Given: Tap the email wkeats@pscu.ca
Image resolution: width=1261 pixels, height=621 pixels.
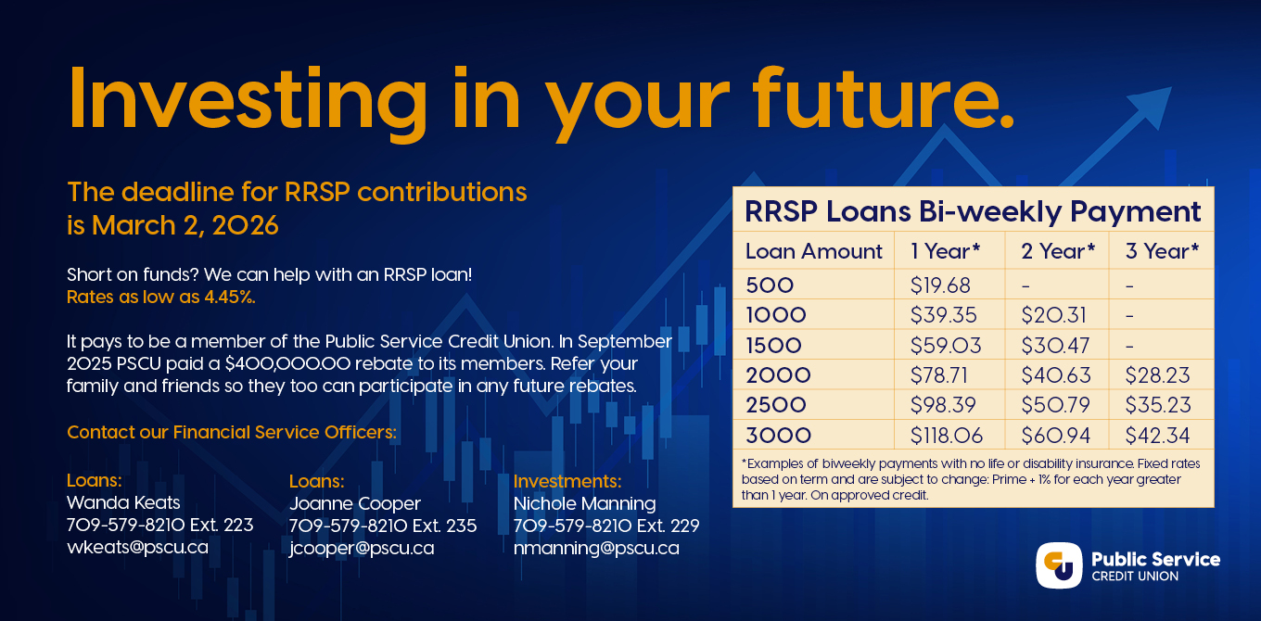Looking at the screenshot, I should [x=137, y=548].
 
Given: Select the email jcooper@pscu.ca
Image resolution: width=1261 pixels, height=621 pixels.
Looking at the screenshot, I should [x=362, y=548].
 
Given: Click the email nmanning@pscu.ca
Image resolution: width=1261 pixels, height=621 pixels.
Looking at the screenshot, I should [x=596, y=548].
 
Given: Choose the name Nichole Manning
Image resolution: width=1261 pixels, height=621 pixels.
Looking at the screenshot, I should [x=584, y=503].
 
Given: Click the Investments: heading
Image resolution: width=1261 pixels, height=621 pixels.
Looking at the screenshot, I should [x=567, y=481].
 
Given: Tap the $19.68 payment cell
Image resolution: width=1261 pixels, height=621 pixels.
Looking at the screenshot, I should [x=940, y=285].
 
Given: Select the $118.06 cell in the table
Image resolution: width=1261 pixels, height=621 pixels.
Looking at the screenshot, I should [x=946, y=435].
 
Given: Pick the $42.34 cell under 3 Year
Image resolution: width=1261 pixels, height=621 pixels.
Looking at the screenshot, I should [x=1157, y=435].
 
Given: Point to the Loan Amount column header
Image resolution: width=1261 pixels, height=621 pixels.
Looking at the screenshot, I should [x=813, y=251].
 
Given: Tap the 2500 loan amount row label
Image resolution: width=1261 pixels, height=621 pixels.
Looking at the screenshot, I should [x=776, y=405].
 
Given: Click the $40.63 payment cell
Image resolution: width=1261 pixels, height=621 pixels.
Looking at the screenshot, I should [x=1056, y=375].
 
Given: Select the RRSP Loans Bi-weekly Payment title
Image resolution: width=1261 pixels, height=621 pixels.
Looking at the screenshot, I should [x=973, y=211].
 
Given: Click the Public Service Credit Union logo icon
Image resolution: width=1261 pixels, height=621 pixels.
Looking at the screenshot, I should [x=1059, y=565].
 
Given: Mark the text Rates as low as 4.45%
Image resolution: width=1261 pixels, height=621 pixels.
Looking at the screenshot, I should [x=161, y=298].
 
